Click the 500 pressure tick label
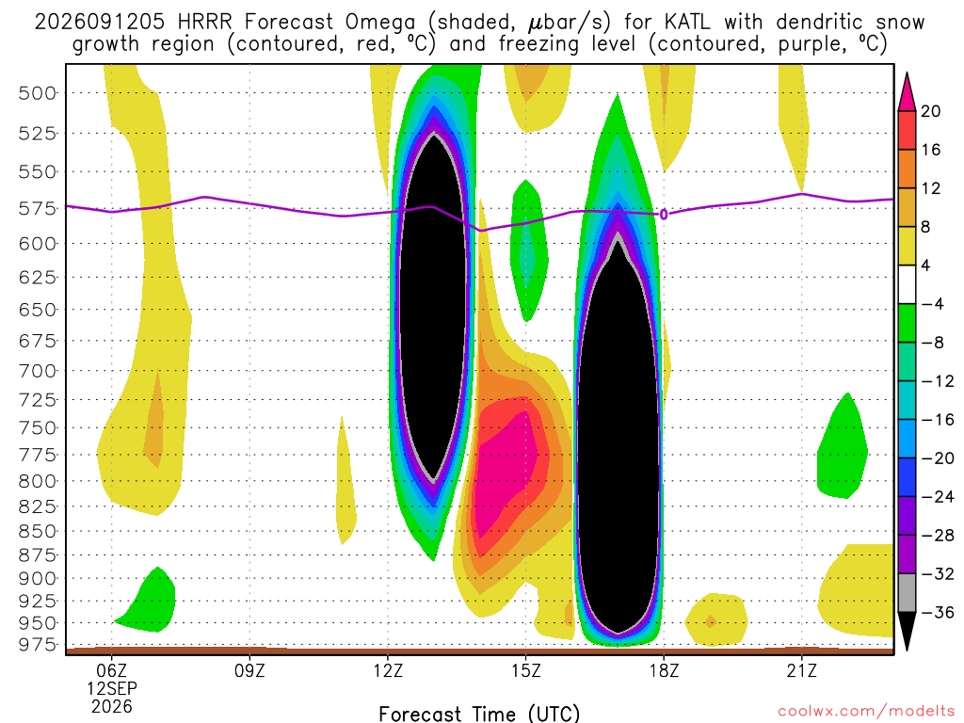pos(38,93)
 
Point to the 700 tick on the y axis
pos(38,371)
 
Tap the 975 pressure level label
pos(38,645)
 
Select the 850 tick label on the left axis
pos(38,531)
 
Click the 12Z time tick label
pos(388,670)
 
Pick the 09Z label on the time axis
pos(249,670)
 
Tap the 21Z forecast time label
pos(802,670)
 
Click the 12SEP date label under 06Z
pos(111,688)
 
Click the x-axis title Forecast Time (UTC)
pos(479,714)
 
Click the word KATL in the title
pos(686,23)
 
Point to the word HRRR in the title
pos(204,23)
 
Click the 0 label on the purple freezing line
pos(664,215)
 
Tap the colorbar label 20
pos(930,111)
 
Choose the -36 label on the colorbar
pos(937,612)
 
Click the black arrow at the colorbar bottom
pos(907,631)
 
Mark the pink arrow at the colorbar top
pos(907,92)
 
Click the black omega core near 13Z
pos(433,308)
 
